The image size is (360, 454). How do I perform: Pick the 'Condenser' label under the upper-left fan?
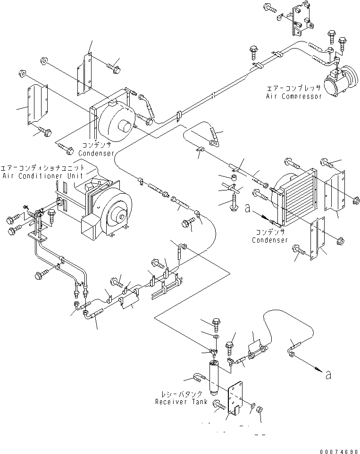click(96, 153)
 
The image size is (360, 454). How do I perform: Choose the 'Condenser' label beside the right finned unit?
click(269, 240)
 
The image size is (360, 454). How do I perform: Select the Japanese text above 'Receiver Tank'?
click(186, 394)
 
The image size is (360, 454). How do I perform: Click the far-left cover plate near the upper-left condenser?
click(37, 105)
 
